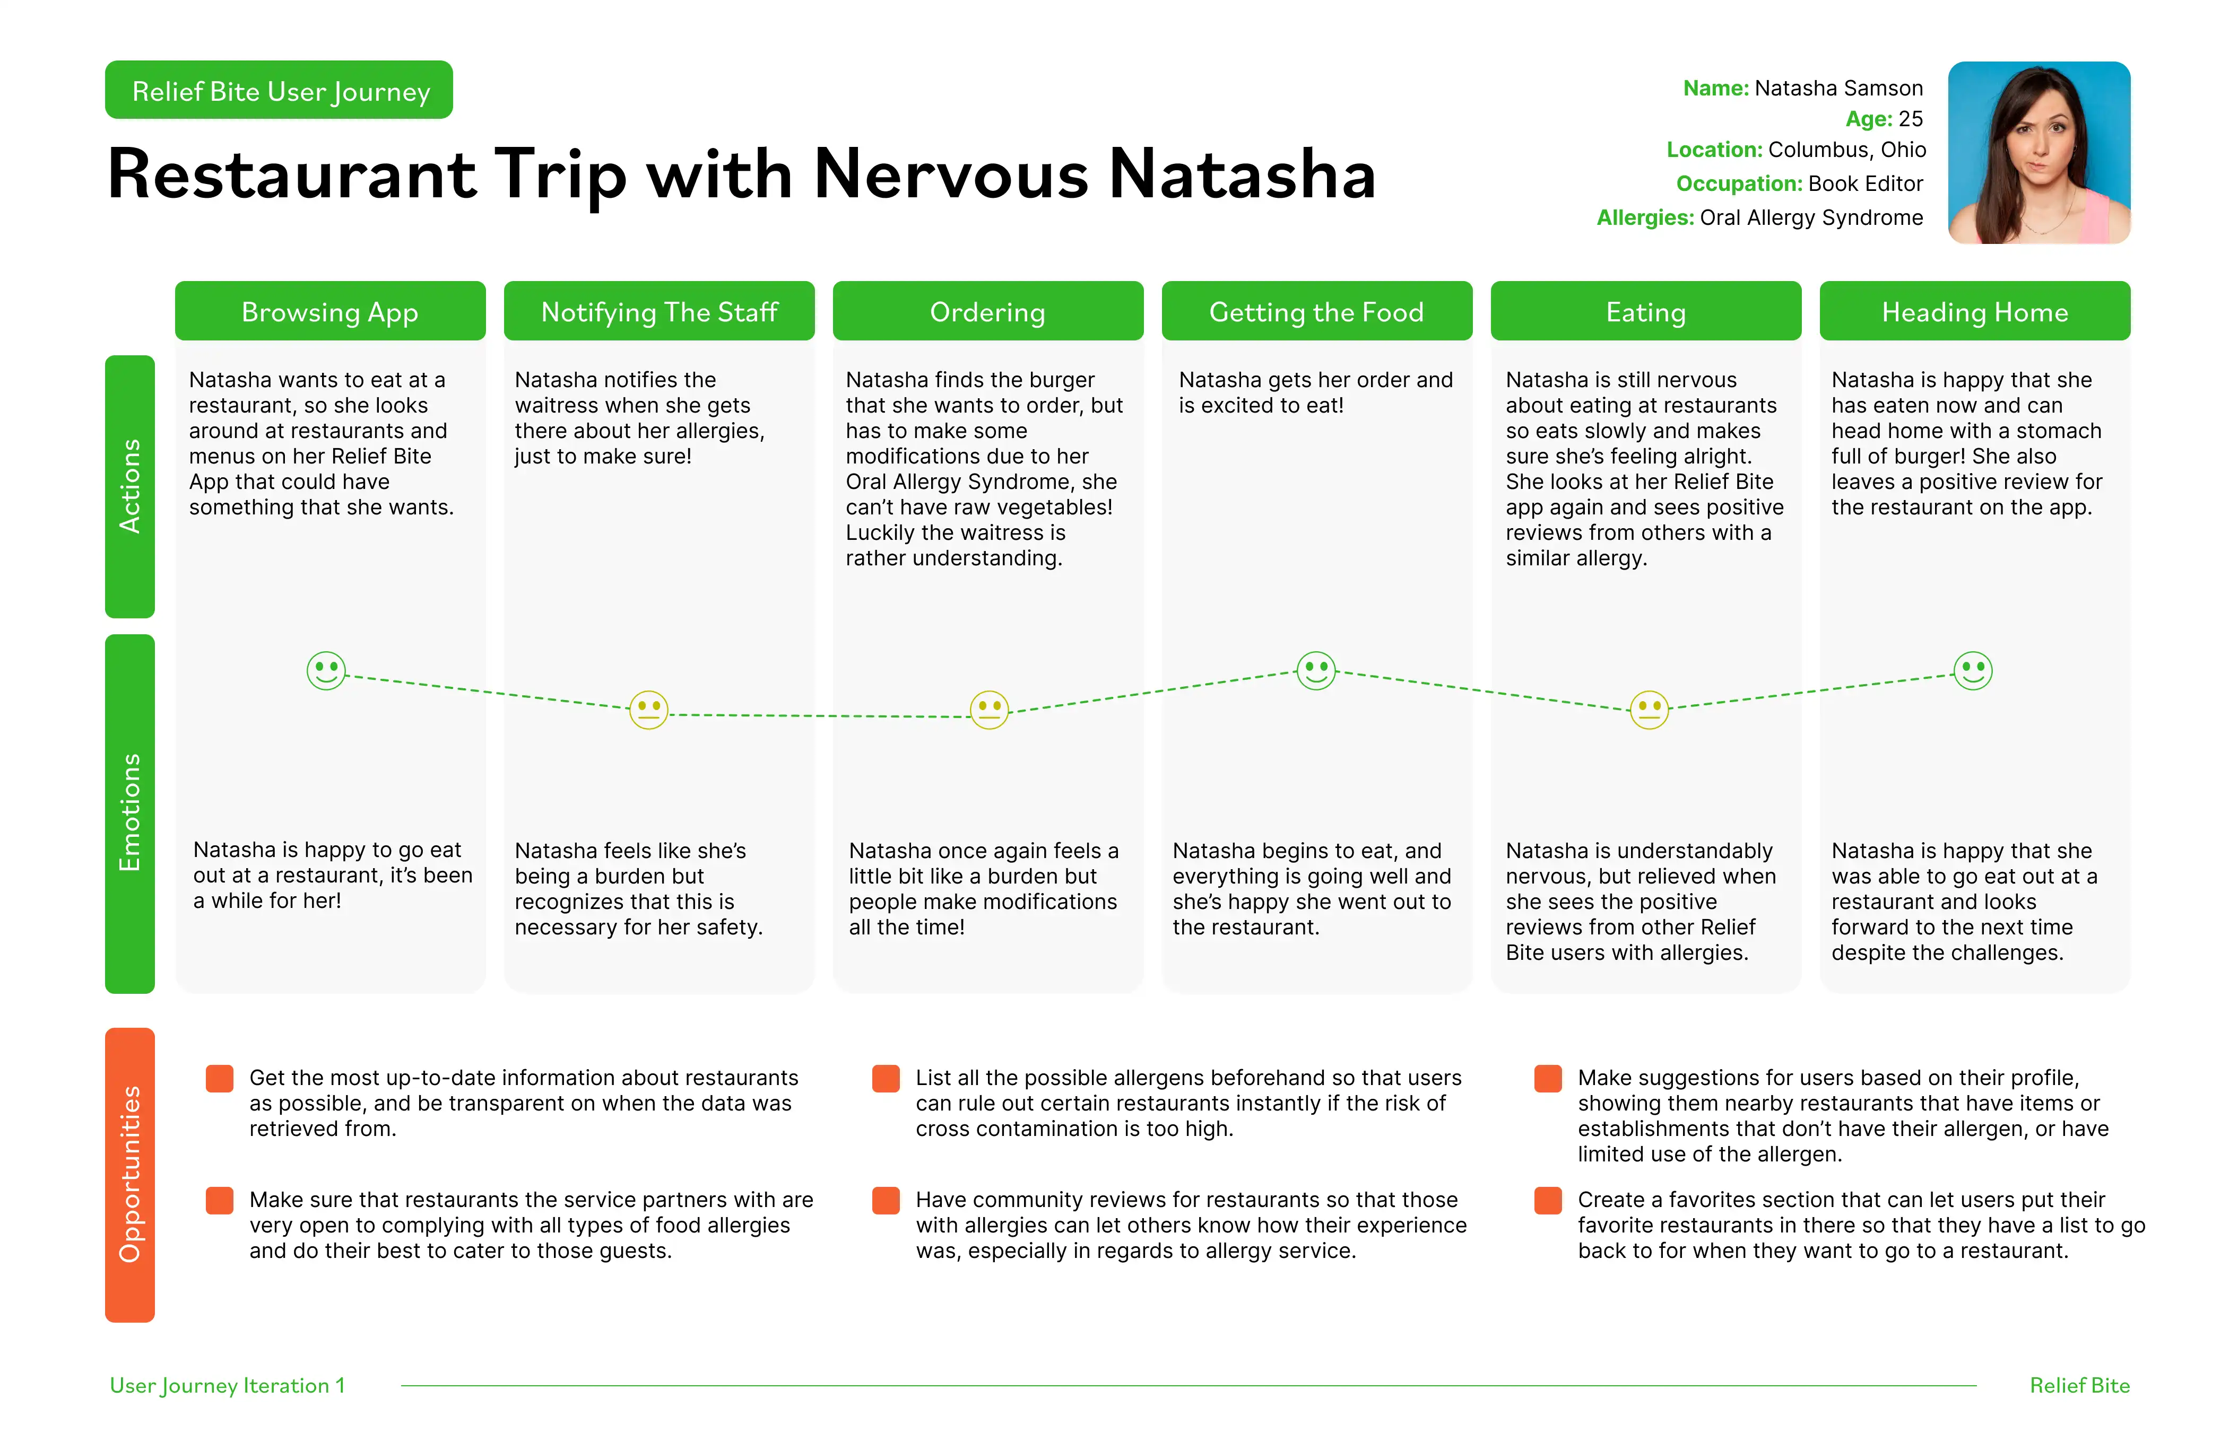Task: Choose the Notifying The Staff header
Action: (660, 311)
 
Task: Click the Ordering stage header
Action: (988, 311)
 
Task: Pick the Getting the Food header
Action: (1317, 311)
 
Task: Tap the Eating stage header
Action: (1646, 311)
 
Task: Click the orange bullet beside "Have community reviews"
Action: (886, 1200)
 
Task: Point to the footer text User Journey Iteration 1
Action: (227, 1386)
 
